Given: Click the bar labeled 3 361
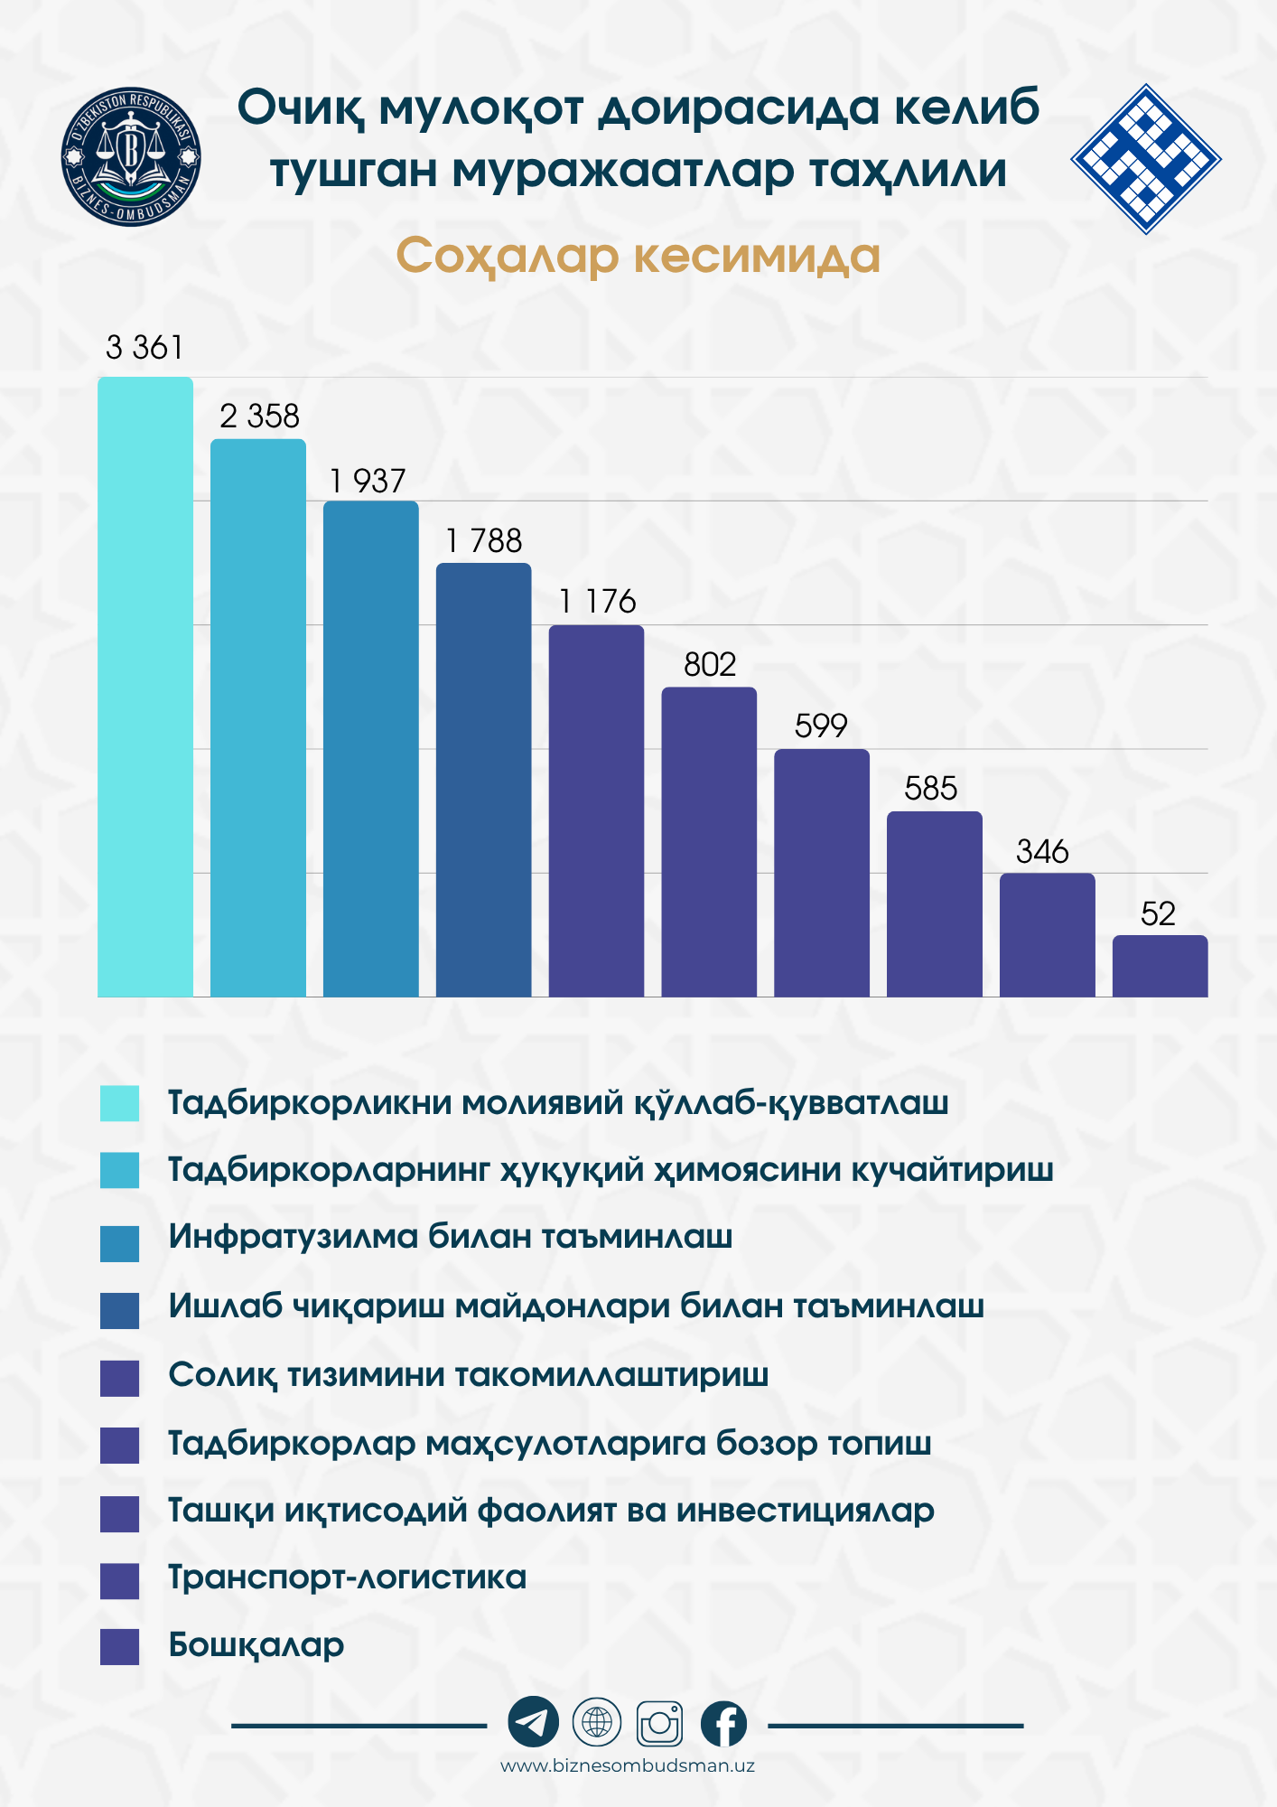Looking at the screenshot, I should coord(145,687).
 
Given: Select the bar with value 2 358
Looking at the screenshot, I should coord(258,718).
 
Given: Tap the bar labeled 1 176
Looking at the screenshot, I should coord(596,810).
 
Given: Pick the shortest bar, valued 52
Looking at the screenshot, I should coord(1160,966).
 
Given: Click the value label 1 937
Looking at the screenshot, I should coord(368,481).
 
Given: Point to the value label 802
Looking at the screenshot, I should coord(710,665).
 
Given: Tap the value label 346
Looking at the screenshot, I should coord(1042,851).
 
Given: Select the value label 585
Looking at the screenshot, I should coord(930,789).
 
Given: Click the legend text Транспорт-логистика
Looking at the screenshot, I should coord(348,1577).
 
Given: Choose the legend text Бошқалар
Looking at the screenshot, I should coord(256,1644).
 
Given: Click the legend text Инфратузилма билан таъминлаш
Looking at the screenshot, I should coord(450,1236).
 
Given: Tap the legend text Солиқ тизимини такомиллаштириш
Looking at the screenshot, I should coord(468,1374).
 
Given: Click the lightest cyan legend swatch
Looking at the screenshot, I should coord(119,1103).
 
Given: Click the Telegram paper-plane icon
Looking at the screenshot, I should coord(533,1722).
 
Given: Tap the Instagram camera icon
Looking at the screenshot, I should coord(660,1723).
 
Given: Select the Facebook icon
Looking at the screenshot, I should coord(724,1723).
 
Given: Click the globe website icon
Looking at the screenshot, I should coord(597,1722).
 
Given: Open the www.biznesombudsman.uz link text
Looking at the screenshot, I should coord(628,1765).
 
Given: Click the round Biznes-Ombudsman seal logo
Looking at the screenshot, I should coord(132,157).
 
